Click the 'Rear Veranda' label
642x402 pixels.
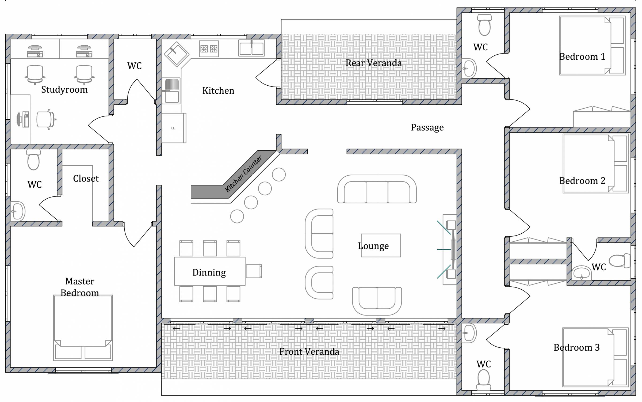pos(373,63)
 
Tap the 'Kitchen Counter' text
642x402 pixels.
pos(243,174)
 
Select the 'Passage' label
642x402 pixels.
pos(427,127)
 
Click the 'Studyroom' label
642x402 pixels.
pos(64,89)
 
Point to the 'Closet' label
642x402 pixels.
pos(86,179)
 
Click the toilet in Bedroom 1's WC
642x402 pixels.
pos(484,25)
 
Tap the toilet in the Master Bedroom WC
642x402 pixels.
pos(33,160)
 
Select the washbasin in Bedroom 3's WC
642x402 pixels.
pos(469,333)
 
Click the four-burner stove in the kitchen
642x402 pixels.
pos(209,49)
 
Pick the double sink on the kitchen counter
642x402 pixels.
pos(251,48)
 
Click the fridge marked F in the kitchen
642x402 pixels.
pos(174,128)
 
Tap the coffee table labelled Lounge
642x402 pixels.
pos(381,245)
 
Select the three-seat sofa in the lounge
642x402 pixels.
pos(377,189)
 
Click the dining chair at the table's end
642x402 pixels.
pos(254,271)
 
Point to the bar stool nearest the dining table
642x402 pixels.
pos(237,216)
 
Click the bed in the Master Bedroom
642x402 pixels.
pos(83,328)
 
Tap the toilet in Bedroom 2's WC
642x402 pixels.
pos(620,261)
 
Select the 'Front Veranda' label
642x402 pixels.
pos(309,351)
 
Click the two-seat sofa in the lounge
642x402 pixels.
pos(377,301)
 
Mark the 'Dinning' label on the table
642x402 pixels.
pos(209,272)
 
